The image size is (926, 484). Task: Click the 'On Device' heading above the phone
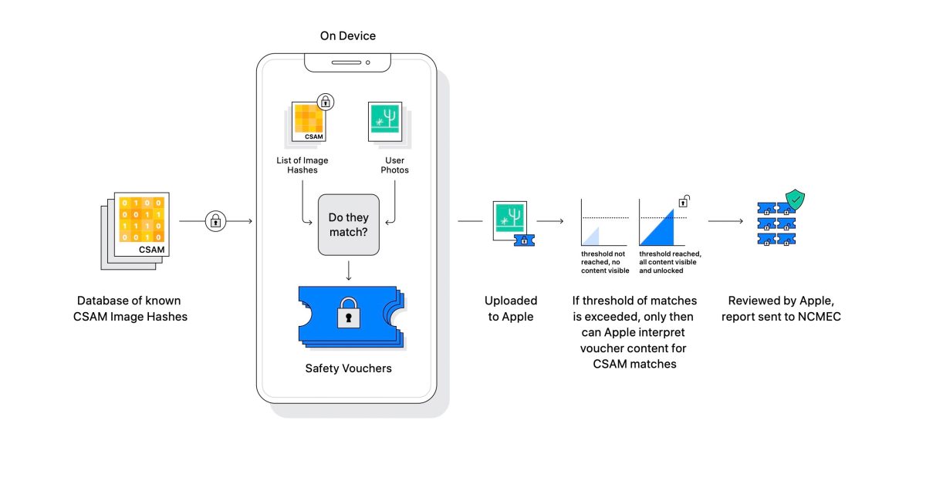(348, 36)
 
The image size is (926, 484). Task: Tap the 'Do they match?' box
(349, 224)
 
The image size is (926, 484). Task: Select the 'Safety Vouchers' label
(348, 368)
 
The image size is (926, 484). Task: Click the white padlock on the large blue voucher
(349, 313)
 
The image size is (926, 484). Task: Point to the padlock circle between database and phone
(215, 221)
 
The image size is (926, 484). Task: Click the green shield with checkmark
(795, 200)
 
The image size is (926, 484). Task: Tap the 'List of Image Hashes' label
(302, 165)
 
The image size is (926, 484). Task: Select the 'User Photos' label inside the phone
(394, 165)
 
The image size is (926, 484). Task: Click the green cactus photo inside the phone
(385, 122)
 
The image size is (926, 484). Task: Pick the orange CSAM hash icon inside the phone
(309, 122)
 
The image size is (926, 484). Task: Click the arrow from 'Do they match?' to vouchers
(349, 271)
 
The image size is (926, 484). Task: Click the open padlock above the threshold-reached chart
(684, 201)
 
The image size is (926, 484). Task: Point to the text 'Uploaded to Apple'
(511, 308)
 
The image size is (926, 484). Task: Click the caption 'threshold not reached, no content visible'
(605, 262)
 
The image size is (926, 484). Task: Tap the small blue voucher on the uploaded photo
(524, 240)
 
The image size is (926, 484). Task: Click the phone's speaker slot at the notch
(346, 62)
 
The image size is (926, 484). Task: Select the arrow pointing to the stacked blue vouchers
(725, 221)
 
